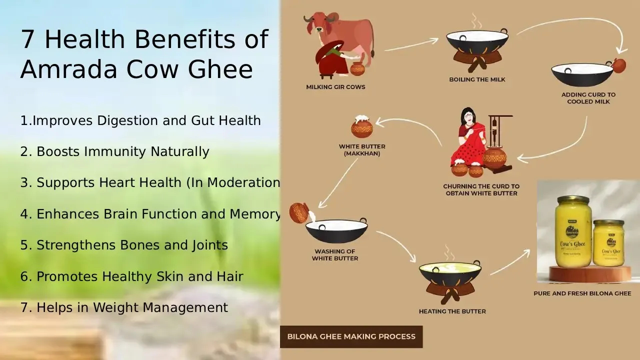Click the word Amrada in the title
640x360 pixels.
[x=67, y=69]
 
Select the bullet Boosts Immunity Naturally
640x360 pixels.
[x=122, y=151]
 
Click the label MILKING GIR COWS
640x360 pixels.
[x=335, y=87]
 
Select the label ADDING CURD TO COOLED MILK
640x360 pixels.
[x=588, y=98]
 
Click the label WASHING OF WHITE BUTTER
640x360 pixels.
[x=334, y=255]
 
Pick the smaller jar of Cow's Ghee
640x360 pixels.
[x=608, y=243]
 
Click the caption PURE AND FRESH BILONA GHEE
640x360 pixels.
[x=582, y=293]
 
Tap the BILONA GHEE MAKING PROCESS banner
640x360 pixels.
[x=351, y=336]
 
